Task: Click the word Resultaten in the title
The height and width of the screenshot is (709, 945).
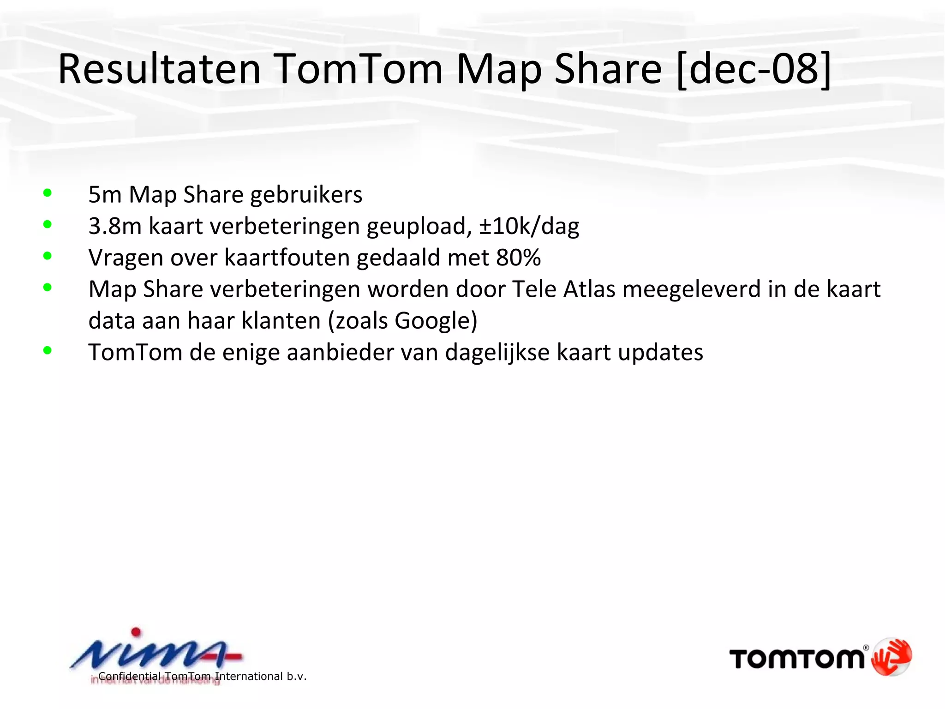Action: pyautogui.click(x=159, y=69)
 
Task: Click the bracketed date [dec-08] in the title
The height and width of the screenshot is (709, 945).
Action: pyautogui.click(x=754, y=69)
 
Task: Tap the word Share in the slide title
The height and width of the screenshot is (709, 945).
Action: pyautogui.click(x=608, y=69)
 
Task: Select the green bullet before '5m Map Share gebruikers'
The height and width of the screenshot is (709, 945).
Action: pyautogui.click(x=47, y=193)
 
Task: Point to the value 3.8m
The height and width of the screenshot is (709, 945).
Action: pyautogui.click(x=114, y=226)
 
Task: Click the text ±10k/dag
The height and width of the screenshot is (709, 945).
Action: pyautogui.click(x=529, y=226)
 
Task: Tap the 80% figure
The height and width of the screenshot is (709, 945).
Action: pyautogui.click(x=518, y=258)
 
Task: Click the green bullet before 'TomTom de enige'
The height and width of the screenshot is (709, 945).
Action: pyautogui.click(x=47, y=351)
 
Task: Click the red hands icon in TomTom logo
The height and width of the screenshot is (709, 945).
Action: pyautogui.click(x=891, y=656)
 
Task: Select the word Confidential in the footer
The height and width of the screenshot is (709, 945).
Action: pyautogui.click(x=130, y=677)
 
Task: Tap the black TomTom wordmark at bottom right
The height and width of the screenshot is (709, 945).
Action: pyautogui.click(x=796, y=659)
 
